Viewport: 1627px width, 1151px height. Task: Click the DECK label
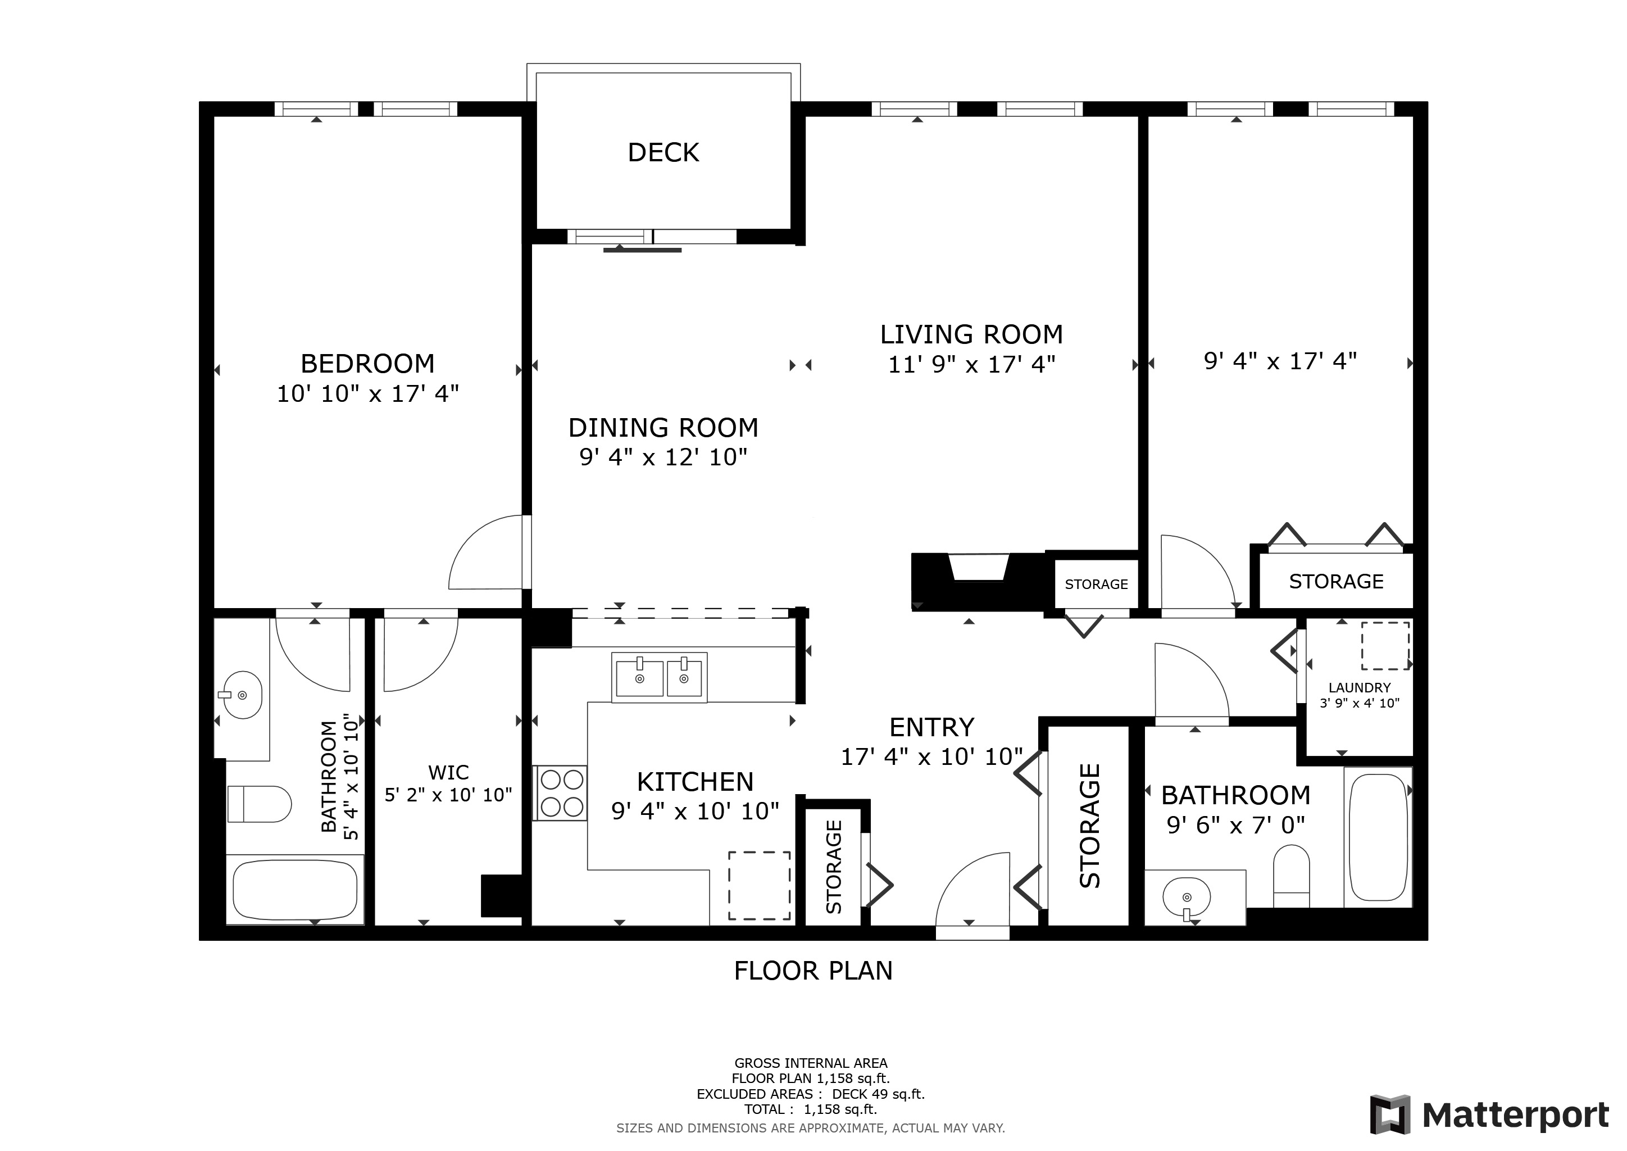pyautogui.click(x=663, y=152)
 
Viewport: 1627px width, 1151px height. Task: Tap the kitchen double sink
pyautogui.click(x=659, y=678)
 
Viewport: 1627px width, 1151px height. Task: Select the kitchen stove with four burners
pyautogui.click(x=560, y=793)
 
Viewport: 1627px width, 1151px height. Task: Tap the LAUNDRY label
pyautogui.click(x=1359, y=687)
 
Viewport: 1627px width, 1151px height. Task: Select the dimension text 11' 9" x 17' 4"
pyautogui.click(x=971, y=364)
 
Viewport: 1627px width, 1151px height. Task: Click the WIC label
pyautogui.click(x=448, y=772)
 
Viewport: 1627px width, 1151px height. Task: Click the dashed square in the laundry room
pyautogui.click(x=1385, y=646)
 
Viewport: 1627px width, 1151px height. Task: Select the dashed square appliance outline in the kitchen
pyautogui.click(x=759, y=885)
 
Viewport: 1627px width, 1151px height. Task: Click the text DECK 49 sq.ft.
pyautogui.click(x=878, y=1094)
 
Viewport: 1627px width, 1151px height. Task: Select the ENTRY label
pyautogui.click(x=932, y=727)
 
